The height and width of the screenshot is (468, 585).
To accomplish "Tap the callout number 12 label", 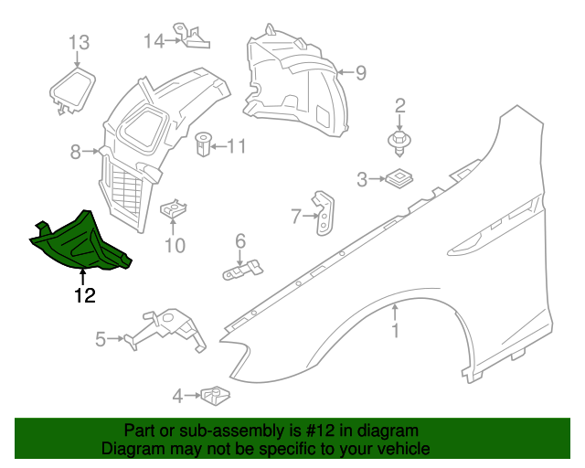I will (x=84, y=295).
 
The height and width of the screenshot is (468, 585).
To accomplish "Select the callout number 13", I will (x=79, y=42).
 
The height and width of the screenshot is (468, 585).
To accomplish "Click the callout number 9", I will (x=360, y=72).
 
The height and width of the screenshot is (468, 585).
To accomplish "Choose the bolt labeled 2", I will (x=399, y=139).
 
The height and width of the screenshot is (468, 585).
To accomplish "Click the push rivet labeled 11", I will (x=203, y=144).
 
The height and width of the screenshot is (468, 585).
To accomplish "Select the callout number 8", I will (x=76, y=153).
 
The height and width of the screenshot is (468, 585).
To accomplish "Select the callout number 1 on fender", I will (x=396, y=330).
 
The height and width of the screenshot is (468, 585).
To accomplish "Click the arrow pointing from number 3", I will (x=376, y=179).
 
